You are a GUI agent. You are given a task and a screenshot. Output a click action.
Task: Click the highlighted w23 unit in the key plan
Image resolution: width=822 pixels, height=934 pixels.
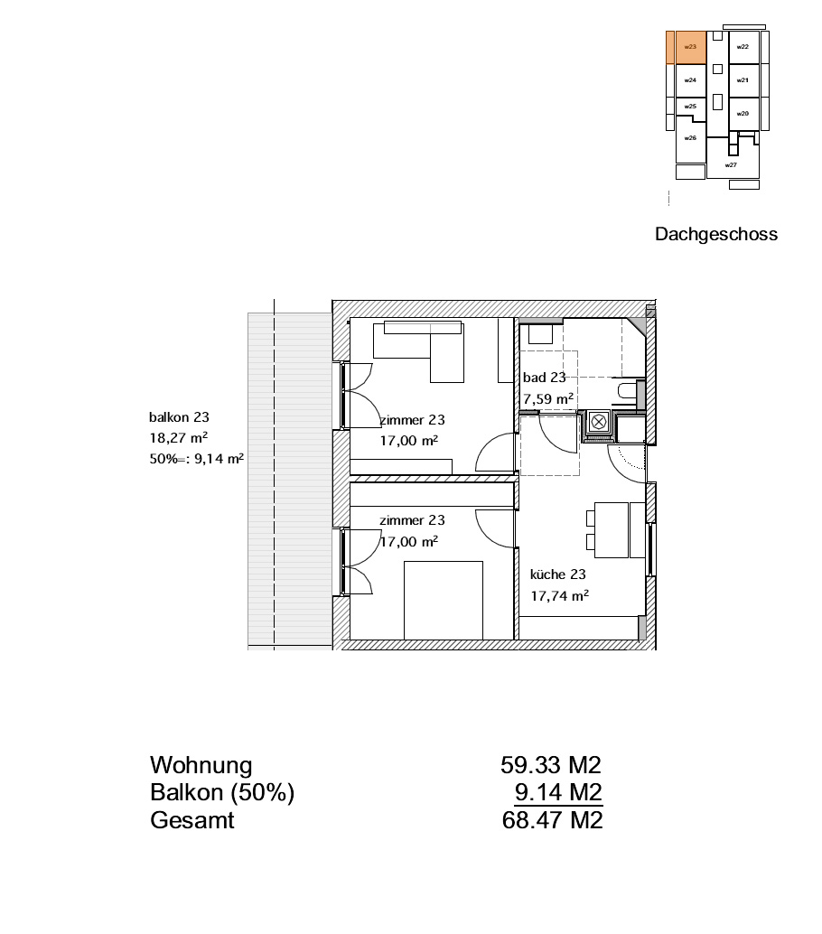(691, 47)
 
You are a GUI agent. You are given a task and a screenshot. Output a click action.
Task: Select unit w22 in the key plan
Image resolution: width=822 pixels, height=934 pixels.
(743, 47)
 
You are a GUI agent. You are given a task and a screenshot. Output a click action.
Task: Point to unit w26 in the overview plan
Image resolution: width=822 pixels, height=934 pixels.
(690, 139)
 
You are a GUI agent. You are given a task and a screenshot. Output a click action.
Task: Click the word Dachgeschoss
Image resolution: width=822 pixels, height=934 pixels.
(716, 234)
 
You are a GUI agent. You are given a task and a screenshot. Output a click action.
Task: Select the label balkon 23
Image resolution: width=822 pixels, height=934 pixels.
(179, 417)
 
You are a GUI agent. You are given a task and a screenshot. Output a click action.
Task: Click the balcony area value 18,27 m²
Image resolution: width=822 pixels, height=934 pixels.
(178, 438)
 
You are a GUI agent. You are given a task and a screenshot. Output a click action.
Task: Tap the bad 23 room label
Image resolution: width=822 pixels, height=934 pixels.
(544, 377)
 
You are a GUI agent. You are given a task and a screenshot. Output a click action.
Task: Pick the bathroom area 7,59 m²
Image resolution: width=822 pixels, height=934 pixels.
(548, 398)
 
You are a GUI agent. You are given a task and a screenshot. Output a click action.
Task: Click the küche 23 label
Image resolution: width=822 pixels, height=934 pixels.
(557, 574)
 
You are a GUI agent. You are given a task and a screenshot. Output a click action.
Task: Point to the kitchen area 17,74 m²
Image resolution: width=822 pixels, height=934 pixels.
(559, 595)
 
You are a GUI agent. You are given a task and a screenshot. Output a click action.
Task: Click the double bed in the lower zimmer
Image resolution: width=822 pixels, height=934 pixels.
(444, 601)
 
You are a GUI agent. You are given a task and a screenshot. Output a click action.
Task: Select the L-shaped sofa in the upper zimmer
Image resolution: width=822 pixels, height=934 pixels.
(418, 351)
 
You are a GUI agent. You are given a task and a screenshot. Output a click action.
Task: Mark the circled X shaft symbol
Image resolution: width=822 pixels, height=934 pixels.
(599, 423)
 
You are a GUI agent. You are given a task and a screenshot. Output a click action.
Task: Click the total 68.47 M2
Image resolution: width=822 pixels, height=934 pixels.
(552, 820)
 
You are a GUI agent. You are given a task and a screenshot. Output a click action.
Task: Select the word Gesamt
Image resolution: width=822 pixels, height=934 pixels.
(191, 820)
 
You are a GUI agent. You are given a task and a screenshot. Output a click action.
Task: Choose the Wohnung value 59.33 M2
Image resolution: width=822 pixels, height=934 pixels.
(551, 765)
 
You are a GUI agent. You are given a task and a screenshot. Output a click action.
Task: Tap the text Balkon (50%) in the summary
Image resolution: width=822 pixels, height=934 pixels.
(222, 793)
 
